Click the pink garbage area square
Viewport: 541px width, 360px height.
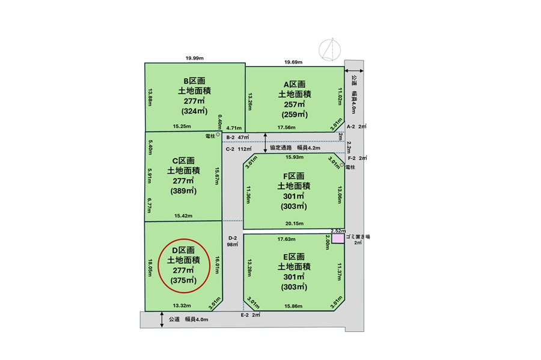338,239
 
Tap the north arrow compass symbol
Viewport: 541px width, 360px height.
329,50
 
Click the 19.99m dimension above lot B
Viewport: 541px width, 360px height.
195,58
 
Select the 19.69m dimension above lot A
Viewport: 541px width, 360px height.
293,62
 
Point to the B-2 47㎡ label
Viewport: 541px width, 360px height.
237,137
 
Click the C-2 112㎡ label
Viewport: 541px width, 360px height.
239,149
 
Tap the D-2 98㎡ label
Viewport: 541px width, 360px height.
233,241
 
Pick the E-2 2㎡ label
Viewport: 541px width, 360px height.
251,315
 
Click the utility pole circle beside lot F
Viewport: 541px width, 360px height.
342,165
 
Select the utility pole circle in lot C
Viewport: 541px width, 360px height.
218,135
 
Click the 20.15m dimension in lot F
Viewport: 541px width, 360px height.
295,224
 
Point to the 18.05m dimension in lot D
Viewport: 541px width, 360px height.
150,268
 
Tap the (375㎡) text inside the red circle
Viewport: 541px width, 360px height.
183,280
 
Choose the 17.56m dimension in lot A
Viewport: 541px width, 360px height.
286,127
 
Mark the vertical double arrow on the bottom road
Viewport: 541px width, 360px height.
162,320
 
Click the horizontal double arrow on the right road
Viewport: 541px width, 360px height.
354,71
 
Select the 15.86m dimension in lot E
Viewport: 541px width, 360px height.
293,306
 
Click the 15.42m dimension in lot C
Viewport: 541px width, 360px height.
183,216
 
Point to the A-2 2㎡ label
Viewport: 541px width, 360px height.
356,127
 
